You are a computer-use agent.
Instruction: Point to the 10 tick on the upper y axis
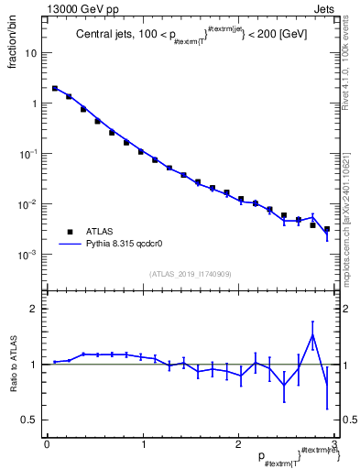click(34, 53)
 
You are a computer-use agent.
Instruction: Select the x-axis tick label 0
click(47, 445)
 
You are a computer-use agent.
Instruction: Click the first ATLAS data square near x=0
click(55, 89)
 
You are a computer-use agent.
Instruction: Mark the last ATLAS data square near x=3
click(327, 229)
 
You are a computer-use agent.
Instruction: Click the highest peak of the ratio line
click(313, 334)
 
